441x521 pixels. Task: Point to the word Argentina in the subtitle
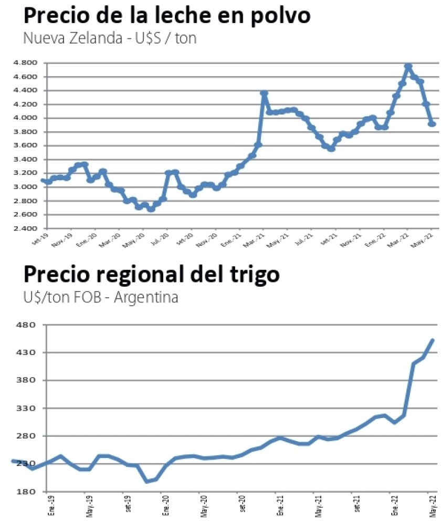click(x=146, y=297)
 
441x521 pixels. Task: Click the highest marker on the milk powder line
click(x=408, y=67)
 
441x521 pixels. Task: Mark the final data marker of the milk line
click(x=432, y=124)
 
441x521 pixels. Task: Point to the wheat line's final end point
click(x=433, y=340)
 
